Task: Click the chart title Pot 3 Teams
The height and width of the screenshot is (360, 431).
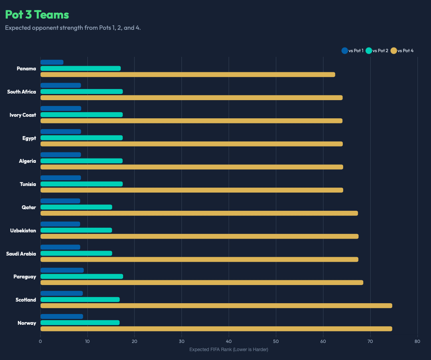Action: pyautogui.click(x=37, y=15)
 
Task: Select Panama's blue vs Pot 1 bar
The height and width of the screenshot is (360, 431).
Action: pyautogui.click(x=52, y=62)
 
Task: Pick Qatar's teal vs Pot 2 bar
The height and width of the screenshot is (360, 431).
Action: pyautogui.click(x=76, y=207)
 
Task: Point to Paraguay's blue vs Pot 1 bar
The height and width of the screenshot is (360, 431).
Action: pyautogui.click(x=62, y=270)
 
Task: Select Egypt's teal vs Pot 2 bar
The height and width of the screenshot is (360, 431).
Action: pyautogui.click(x=81, y=138)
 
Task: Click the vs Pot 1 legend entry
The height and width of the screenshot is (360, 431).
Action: pyautogui.click(x=352, y=51)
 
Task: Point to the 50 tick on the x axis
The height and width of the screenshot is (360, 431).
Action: pyautogui.click(x=276, y=341)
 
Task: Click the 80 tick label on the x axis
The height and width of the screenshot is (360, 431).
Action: pyautogui.click(x=417, y=341)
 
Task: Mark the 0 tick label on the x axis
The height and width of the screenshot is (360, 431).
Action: pyautogui.click(x=40, y=341)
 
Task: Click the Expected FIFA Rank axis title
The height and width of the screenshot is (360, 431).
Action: pyautogui.click(x=229, y=350)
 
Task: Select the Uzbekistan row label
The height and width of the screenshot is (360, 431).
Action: pyautogui.click(x=23, y=231)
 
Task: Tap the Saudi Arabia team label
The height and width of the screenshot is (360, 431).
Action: pyautogui.click(x=21, y=254)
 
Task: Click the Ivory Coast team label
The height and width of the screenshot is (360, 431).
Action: pyautogui.click(x=23, y=115)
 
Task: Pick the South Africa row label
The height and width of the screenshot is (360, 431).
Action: pyautogui.click(x=22, y=92)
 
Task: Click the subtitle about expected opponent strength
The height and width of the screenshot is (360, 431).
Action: pyautogui.click(x=73, y=28)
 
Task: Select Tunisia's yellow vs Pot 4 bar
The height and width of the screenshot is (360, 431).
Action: pyautogui.click(x=192, y=190)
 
